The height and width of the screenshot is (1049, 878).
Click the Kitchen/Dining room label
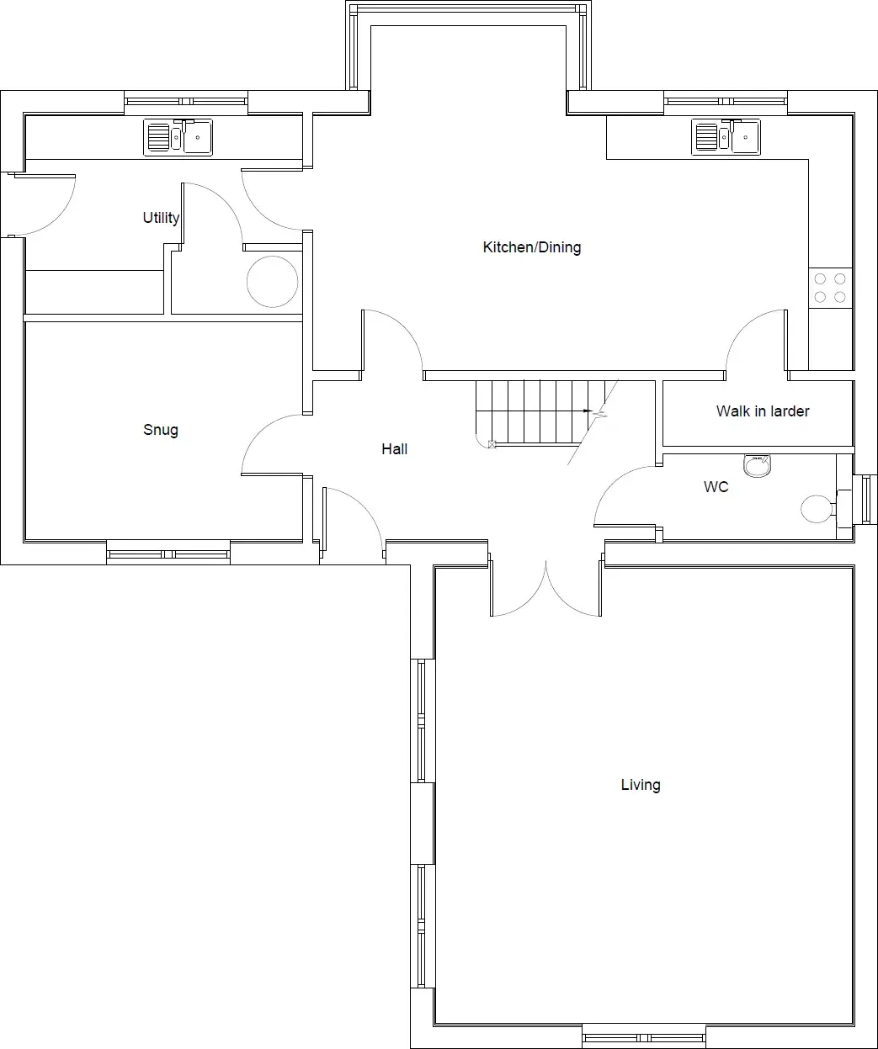pos(531,247)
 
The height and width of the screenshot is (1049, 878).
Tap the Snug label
pos(161,430)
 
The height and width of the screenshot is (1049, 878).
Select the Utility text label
pos(161,218)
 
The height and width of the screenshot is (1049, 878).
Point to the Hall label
pos(394,449)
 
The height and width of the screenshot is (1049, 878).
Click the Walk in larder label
pos(763,411)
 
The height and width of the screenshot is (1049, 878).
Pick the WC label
pos(716,487)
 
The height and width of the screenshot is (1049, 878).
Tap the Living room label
pos(641,785)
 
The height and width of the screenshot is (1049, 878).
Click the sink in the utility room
pos(178,137)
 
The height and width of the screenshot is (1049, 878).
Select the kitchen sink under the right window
pos(726,137)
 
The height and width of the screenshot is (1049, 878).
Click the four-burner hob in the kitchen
pos(830,288)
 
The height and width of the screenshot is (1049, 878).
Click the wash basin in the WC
pos(757,466)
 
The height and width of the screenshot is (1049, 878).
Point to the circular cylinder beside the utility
pos(272,282)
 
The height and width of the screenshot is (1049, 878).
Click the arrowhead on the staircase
pos(588,411)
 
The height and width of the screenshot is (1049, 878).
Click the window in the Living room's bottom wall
pos(644,1038)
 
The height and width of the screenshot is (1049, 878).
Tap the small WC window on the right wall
pos(866,500)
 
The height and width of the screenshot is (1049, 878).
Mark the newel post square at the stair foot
pos(492,445)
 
